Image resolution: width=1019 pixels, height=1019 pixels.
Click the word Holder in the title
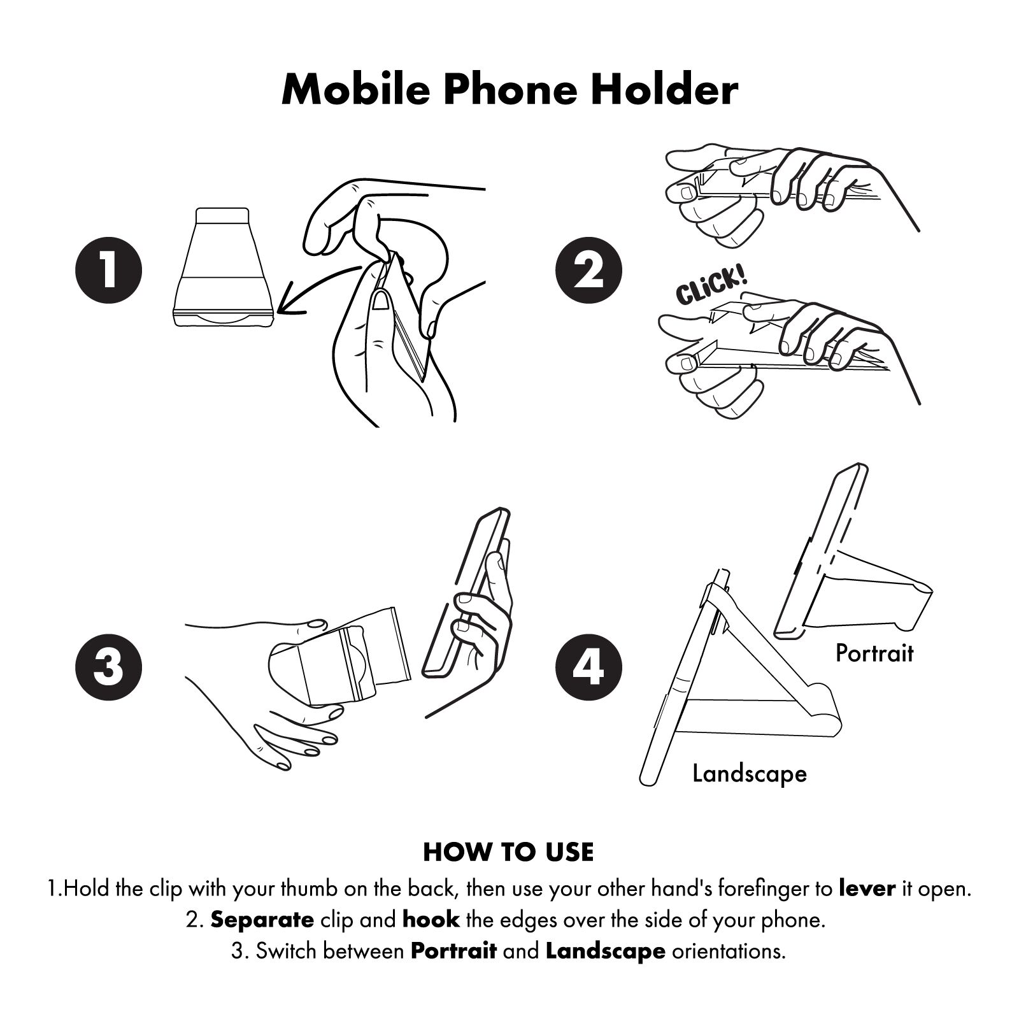[665, 90]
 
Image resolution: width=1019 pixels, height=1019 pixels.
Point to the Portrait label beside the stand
[874, 653]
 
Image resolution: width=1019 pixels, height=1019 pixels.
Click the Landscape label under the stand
[750, 774]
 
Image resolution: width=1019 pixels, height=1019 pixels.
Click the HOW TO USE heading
[508, 852]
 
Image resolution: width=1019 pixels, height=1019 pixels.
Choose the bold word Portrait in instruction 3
[453, 951]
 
